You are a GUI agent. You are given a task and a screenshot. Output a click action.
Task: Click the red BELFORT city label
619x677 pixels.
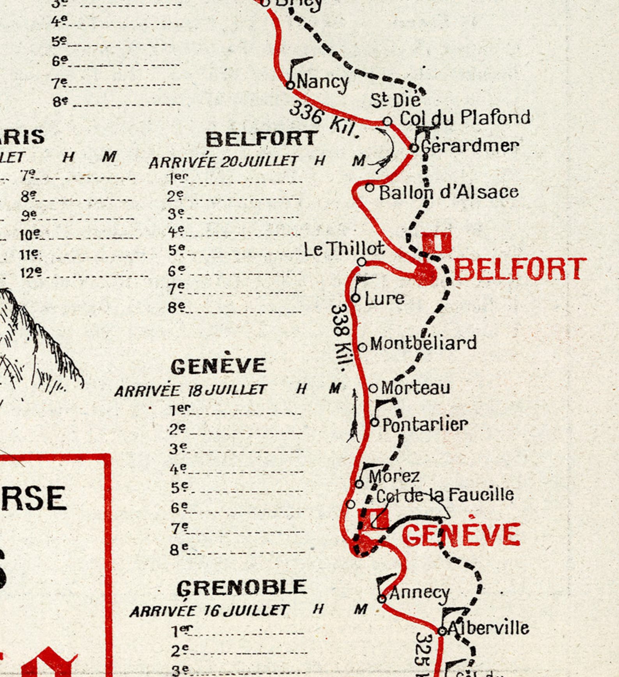(x=520, y=269)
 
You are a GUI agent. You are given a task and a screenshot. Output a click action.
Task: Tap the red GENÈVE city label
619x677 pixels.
(x=461, y=535)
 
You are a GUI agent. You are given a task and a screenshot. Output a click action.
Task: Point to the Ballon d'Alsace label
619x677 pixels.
(x=449, y=192)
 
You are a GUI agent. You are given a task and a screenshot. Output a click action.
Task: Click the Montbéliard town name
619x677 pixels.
(x=423, y=343)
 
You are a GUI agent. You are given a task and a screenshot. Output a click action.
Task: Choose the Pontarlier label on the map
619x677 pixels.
(x=425, y=424)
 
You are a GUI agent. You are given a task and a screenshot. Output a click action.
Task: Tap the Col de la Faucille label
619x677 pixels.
(x=445, y=495)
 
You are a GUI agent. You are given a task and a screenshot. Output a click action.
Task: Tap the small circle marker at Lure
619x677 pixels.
(x=355, y=298)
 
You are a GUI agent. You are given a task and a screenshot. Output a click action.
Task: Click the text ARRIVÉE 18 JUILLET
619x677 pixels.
(x=191, y=390)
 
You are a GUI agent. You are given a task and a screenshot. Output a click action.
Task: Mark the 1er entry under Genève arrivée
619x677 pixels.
(x=180, y=409)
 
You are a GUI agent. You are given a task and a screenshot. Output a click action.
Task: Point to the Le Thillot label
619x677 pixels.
(x=344, y=249)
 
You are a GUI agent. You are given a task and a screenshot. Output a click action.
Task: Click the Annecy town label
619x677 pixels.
(x=420, y=593)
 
